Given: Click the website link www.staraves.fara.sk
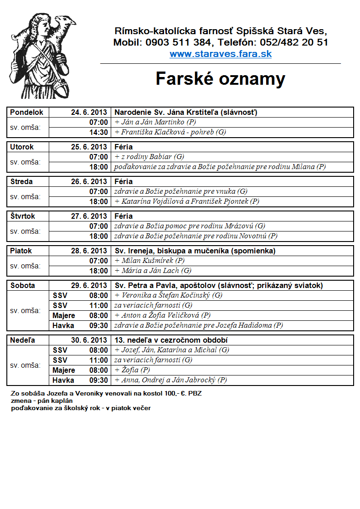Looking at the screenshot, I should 221,54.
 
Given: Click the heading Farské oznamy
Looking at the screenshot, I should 221,79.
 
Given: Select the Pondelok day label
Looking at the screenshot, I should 27,112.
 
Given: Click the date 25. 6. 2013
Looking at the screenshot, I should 89,147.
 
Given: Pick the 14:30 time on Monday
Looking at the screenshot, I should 98,132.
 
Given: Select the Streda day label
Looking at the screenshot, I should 21,181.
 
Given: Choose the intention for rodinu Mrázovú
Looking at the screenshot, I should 190,226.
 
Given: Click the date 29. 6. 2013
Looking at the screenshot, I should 89,285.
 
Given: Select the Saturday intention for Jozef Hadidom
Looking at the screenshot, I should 199,325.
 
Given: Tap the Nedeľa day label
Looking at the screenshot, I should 23,340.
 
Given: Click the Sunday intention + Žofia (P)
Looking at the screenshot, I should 132,370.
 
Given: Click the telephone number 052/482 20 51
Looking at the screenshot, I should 294,43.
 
